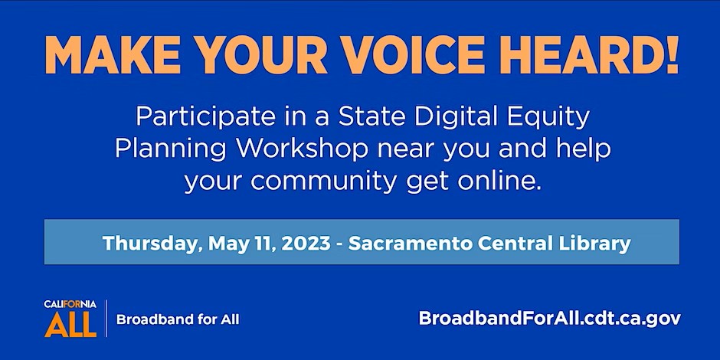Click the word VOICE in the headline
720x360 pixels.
[414, 54]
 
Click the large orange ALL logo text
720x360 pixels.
[70, 325]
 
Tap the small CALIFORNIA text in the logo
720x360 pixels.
[70, 304]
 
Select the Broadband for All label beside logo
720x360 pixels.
[178, 319]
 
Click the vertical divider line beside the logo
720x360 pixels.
[106, 318]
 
